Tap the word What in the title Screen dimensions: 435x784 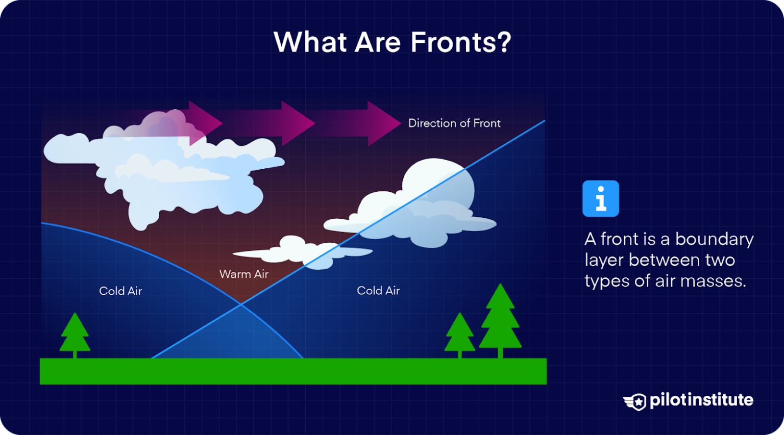[x=310, y=42]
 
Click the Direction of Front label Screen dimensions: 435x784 [x=454, y=123]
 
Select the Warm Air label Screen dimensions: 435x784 [x=243, y=274]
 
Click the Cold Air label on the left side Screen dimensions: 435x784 [x=120, y=291]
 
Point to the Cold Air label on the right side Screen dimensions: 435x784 [x=378, y=290]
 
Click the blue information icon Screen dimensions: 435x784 [x=600, y=198]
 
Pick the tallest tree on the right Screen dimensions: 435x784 [x=500, y=319]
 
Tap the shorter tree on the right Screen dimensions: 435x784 [x=459, y=334]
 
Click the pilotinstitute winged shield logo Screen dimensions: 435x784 [x=635, y=401]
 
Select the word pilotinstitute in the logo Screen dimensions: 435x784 [x=701, y=400]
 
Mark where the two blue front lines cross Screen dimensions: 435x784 [x=241, y=304]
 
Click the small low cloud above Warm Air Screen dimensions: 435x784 [x=301, y=251]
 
